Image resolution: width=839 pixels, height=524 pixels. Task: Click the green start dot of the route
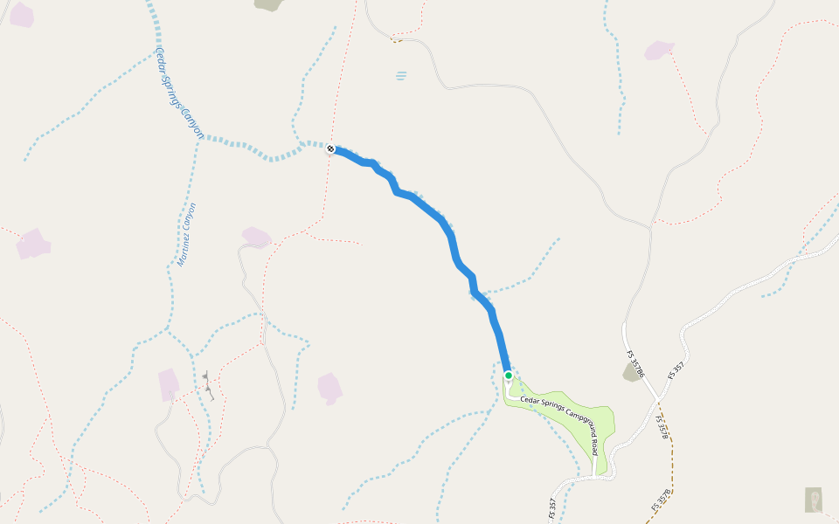[508, 376]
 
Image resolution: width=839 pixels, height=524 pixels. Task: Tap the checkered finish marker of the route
[331, 148]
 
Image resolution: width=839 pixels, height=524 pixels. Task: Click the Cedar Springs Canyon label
[178, 93]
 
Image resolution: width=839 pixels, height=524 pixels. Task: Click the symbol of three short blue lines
[401, 76]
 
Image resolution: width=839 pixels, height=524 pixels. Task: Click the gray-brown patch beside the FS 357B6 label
[631, 373]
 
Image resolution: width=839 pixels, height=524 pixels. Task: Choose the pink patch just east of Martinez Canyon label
[256, 237]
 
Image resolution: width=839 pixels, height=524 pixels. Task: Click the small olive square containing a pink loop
[813, 500]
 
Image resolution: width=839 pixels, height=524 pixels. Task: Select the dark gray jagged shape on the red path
[207, 385]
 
